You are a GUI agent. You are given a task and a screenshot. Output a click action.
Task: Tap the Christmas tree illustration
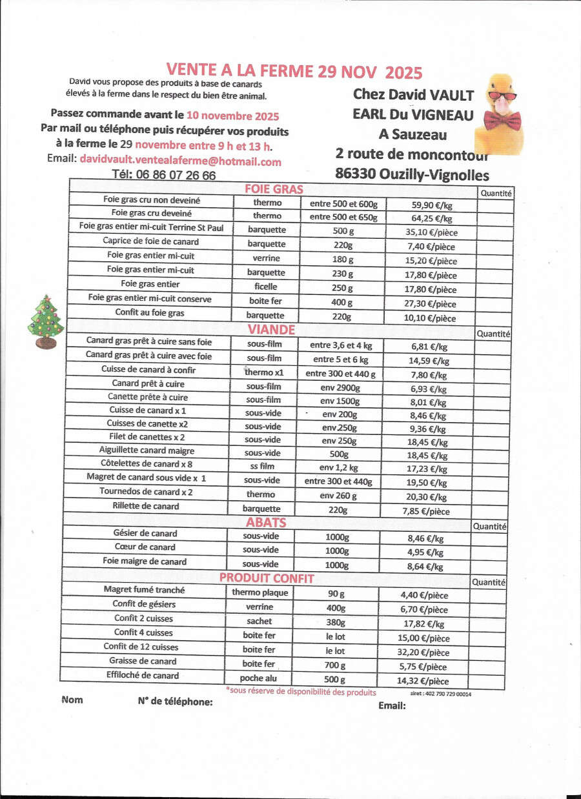coord(45,322)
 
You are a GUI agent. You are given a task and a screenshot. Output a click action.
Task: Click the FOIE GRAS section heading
coord(274,189)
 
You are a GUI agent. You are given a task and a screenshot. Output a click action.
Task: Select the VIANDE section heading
coord(271,329)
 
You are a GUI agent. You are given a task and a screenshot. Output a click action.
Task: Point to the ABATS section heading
coord(266,522)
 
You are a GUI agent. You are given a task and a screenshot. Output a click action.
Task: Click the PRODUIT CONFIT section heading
coord(267,578)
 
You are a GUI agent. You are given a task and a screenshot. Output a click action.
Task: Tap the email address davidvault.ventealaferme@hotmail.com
coord(180,161)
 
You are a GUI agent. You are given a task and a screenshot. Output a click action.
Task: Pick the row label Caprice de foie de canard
coord(150,241)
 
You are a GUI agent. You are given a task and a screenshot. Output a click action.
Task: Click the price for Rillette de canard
coord(425,511)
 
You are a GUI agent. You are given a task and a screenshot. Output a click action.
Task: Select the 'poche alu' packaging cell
coord(258,678)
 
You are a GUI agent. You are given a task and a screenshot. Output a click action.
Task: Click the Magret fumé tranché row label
coord(144,590)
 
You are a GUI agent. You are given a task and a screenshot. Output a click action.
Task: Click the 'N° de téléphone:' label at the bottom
coord(175,702)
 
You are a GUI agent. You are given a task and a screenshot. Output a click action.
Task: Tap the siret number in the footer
coord(441,694)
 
